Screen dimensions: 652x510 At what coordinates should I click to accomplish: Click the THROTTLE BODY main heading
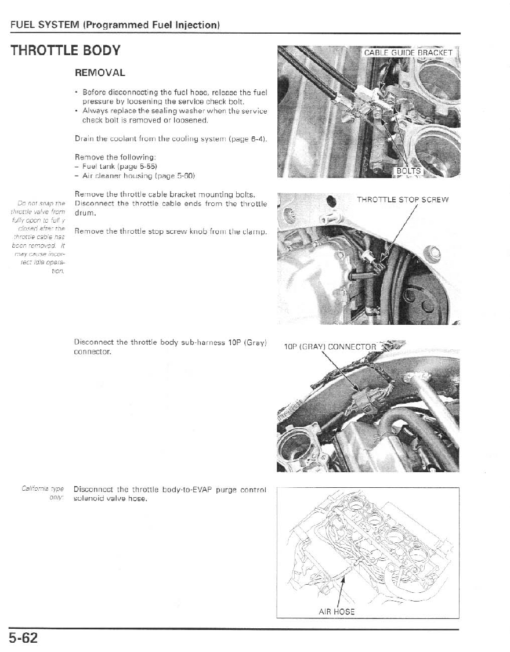pos(65,50)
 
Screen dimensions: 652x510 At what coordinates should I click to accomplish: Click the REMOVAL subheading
pos(100,74)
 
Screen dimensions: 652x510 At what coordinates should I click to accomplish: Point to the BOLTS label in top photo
pos(410,171)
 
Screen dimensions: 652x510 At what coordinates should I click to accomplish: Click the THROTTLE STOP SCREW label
pos(403,200)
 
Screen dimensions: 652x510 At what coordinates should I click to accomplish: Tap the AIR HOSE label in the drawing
pos(337,611)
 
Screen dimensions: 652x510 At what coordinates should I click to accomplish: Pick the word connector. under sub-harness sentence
pos(93,352)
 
